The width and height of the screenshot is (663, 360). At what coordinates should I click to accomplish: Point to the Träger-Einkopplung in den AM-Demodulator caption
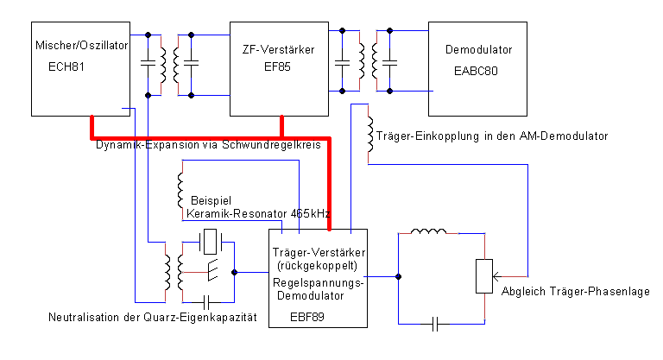tap(492, 136)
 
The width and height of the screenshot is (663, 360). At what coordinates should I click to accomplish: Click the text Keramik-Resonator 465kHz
tap(258, 212)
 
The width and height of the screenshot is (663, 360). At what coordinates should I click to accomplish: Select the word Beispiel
tap(210, 198)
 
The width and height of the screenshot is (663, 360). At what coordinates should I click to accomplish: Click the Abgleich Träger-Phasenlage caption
tap(576, 291)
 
